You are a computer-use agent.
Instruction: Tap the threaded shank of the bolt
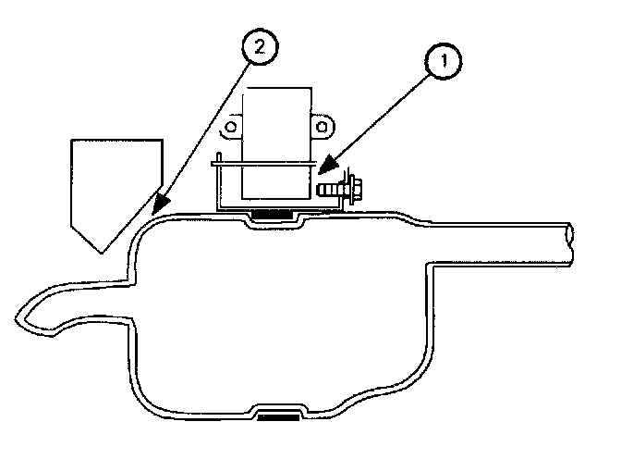pos(328,189)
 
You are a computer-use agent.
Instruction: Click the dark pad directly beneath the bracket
pos(276,216)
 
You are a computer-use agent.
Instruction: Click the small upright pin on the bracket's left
pos(218,158)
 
